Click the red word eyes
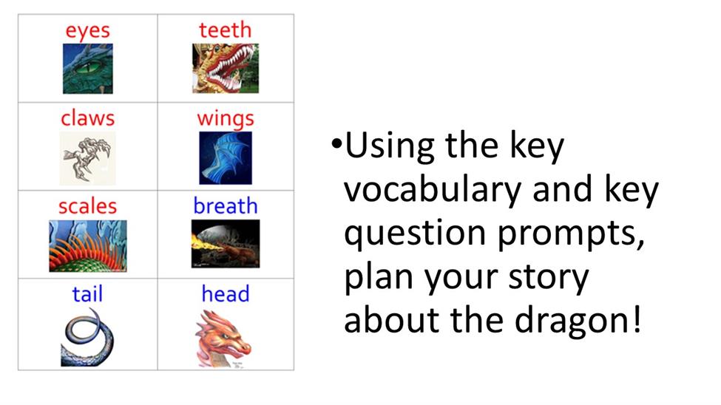tap(88, 31)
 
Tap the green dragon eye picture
tap(88, 69)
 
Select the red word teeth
tap(226, 30)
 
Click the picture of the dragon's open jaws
tap(226, 69)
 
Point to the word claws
tap(87, 118)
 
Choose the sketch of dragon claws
tap(87, 158)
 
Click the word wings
tap(226, 119)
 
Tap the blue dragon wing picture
tap(226, 158)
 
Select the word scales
tap(87, 206)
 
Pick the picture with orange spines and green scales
tap(88, 246)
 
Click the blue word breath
tap(226, 205)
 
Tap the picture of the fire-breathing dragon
tap(226, 244)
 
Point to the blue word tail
tap(87, 293)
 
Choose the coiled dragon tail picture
tap(87, 337)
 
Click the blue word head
tap(226, 293)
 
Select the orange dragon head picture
tap(223, 339)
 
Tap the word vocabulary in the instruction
tap(433, 188)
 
